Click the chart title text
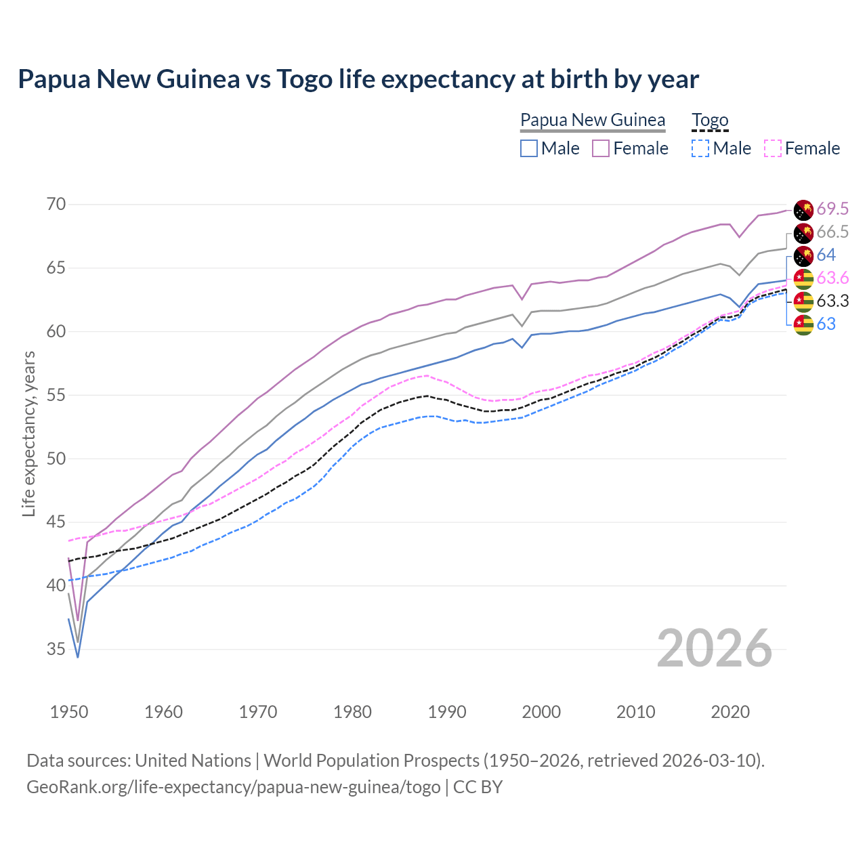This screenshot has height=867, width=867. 358,79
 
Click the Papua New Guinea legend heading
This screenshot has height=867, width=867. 593,121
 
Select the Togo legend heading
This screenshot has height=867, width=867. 710,121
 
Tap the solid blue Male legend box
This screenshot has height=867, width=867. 529,148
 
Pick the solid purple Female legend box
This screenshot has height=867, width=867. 601,148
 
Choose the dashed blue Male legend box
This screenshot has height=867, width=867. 700,148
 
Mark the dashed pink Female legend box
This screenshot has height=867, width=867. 773,148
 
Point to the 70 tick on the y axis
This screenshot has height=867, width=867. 56,205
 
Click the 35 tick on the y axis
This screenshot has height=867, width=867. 56,650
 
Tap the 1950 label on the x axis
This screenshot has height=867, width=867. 69,712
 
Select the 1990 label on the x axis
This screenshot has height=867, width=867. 447,712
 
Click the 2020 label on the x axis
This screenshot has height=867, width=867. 730,712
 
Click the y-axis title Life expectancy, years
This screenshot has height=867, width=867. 28,433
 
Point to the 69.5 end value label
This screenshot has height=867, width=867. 832,209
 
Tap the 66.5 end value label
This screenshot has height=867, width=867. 832,232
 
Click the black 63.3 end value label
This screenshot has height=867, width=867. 832,301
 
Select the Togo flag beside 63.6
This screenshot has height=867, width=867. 803,278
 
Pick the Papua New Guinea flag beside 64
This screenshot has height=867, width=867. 803,255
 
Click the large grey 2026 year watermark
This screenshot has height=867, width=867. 715,649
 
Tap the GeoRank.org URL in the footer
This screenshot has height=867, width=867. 233,787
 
